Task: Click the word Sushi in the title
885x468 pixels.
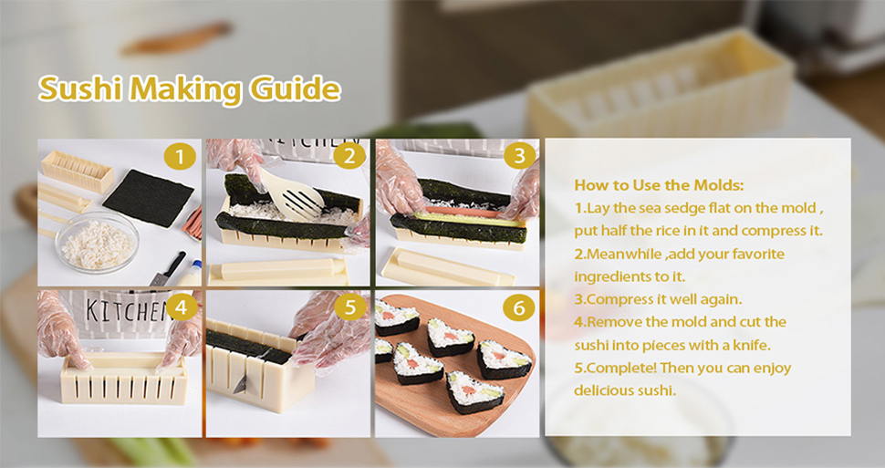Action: click(80, 89)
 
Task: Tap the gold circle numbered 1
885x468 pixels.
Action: click(180, 156)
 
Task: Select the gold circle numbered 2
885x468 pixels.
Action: click(349, 156)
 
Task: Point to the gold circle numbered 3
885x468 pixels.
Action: click(519, 155)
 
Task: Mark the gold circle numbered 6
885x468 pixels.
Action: click(518, 307)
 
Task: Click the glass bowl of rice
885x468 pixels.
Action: click(97, 243)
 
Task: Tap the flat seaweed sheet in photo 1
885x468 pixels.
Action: click(149, 198)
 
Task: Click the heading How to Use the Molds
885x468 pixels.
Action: click(659, 185)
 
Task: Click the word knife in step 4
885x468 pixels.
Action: click(753, 344)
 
